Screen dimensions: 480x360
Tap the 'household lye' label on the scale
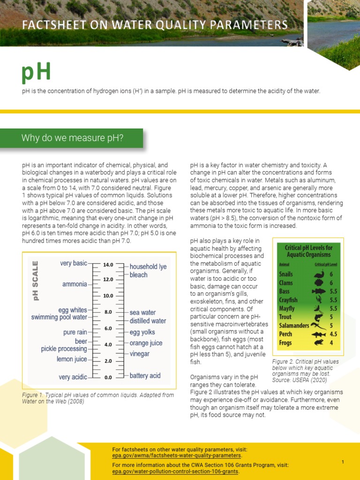(x=148, y=266)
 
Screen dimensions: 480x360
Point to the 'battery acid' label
(x=145, y=375)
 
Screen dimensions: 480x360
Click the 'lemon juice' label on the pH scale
(x=72, y=359)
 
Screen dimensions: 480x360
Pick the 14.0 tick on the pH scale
(x=108, y=265)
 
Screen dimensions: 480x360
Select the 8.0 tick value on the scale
(x=108, y=312)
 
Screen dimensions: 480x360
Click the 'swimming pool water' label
(x=59, y=317)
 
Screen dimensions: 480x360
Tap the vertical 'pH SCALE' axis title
(x=34, y=280)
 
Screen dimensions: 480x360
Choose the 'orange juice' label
(x=146, y=343)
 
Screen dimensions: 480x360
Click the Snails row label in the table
(x=286, y=274)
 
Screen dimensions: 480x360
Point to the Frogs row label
(x=285, y=343)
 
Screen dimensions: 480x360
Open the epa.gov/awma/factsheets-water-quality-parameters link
(x=177, y=455)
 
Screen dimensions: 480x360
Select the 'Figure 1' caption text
(x=98, y=398)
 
